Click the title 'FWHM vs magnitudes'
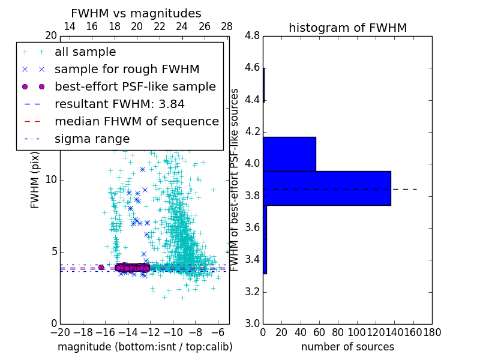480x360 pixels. pos(136,14)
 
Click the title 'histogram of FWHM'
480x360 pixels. pos(347,28)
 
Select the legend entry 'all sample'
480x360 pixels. pos(85,52)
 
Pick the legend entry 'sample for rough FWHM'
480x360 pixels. pos(127,70)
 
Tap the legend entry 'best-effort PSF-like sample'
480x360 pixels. pos(135,87)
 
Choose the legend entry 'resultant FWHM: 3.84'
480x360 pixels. pos(119,104)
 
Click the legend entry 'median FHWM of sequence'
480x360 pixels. pos(136,122)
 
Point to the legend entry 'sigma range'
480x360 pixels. pos(92,139)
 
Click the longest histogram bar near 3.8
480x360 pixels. pos(327,188)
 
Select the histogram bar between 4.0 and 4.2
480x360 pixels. pos(289,154)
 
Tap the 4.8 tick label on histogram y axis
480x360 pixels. pos(252,36)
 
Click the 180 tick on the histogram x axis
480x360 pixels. pos(432,331)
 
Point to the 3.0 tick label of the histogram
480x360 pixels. pos(252,324)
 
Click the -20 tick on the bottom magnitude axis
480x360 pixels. pos(60,331)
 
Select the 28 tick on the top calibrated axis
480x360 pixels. pos(227,26)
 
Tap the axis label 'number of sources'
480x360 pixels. pos(347,347)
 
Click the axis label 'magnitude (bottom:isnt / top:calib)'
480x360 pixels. pos(145,347)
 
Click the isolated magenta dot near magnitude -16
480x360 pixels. pos(101,267)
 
